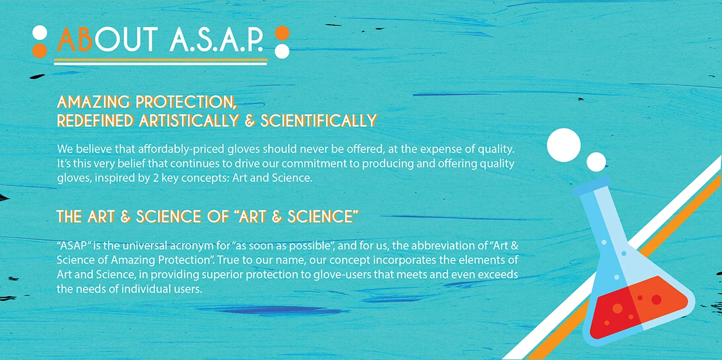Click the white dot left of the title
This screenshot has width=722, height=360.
(40, 33)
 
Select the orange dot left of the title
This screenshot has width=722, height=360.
(40, 50)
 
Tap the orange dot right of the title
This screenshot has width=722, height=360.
(282, 33)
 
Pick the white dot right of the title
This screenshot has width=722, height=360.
(282, 50)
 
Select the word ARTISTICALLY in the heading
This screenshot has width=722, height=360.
(190, 120)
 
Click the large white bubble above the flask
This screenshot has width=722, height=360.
(564, 144)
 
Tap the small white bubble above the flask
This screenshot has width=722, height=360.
(596, 161)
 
